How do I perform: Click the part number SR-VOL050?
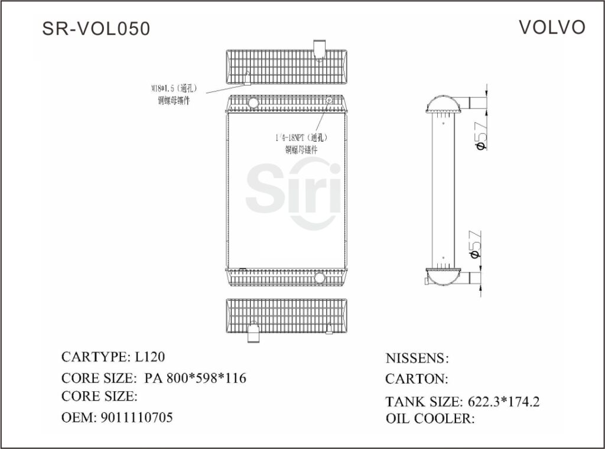pos(96,28)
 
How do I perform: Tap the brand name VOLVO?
pos(552,27)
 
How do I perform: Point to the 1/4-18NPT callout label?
pos(301,137)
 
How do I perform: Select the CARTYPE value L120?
pos(150,357)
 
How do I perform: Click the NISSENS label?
pos(417,358)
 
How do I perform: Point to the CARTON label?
pos(416,379)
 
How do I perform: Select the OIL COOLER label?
pos(430,419)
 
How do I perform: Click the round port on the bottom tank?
pos(320,277)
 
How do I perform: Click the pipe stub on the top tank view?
pos(319,49)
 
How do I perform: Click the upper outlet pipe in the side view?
pos(477,102)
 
